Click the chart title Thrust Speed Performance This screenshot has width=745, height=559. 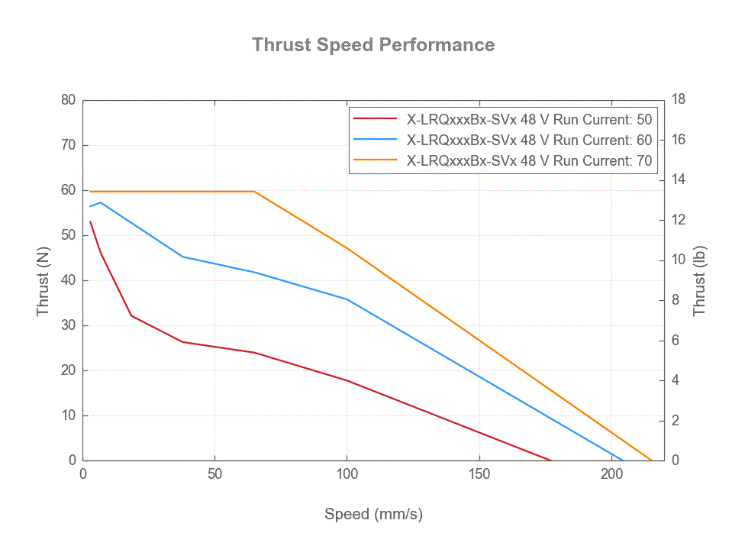373,45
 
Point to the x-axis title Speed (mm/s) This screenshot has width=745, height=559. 373,514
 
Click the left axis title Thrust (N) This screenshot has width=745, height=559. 43,280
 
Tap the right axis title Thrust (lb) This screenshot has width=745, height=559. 699,280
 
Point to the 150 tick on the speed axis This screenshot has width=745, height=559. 479,474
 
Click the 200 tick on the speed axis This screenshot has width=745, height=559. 611,474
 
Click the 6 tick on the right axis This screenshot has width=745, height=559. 676,341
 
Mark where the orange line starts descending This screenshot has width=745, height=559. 254,192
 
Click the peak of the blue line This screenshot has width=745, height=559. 100,202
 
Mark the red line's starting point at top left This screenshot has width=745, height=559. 90,221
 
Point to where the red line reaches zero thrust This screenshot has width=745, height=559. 550,460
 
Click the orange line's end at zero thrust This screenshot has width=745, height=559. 651,460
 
